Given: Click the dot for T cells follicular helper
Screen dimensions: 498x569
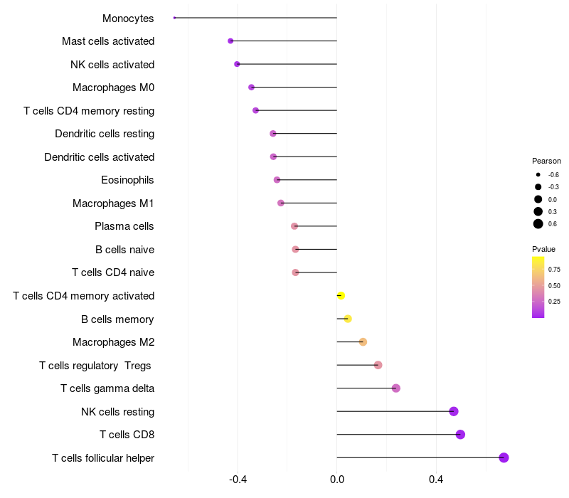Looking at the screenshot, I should pyautogui.click(x=504, y=457).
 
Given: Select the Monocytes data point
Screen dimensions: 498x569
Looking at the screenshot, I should pyautogui.click(x=174, y=18).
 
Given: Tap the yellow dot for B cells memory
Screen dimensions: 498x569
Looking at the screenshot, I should pyautogui.click(x=348, y=319).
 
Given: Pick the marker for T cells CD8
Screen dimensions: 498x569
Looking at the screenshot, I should pyautogui.click(x=460, y=435).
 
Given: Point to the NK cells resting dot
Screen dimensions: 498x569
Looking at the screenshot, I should pyautogui.click(x=454, y=411).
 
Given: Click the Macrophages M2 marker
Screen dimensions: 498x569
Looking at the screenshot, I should pyautogui.click(x=363, y=342).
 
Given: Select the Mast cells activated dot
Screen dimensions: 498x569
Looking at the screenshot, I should pyautogui.click(x=230, y=41).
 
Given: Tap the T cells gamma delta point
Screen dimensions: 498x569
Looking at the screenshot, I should pyautogui.click(x=396, y=388).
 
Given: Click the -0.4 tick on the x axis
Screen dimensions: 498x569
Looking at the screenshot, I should pyautogui.click(x=238, y=480).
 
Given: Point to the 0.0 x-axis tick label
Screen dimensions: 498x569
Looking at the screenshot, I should pyautogui.click(x=337, y=480).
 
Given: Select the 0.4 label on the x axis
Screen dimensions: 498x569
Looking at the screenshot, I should pyautogui.click(x=436, y=480).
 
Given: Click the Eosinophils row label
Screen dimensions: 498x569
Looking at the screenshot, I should pyautogui.click(x=127, y=180).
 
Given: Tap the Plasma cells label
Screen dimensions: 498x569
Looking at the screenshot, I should pyautogui.click(x=124, y=226).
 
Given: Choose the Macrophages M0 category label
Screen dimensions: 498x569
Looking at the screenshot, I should pyautogui.click(x=113, y=88).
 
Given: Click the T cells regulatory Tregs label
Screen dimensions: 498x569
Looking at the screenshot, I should pyautogui.click(x=96, y=366).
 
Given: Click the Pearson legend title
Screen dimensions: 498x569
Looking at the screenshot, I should pyautogui.click(x=546, y=161).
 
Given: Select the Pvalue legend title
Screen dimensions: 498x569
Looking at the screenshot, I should pyautogui.click(x=543, y=249).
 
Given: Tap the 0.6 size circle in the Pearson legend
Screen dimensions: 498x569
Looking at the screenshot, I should pyautogui.click(x=538, y=224).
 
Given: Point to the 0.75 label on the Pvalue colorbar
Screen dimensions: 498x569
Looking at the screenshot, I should pyautogui.click(x=554, y=269).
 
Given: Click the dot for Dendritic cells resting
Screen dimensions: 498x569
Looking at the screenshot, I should pyautogui.click(x=273, y=134).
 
